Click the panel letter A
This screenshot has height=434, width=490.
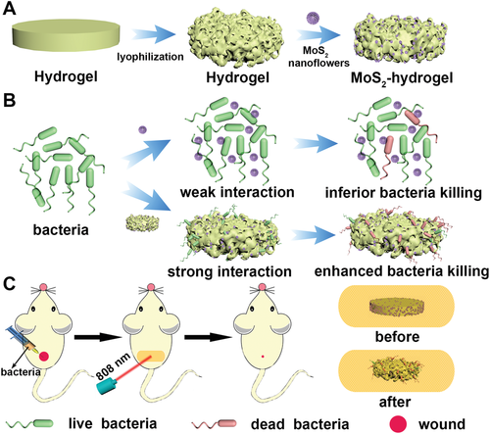(x=9, y=8)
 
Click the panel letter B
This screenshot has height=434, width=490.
(x=9, y=100)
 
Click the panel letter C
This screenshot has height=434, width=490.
(x=9, y=283)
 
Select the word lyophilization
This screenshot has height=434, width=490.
(x=150, y=57)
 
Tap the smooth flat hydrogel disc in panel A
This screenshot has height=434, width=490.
(x=66, y=35)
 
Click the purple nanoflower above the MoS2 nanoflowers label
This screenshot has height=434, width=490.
(x=313, y=18)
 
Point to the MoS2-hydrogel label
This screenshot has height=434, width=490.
(x=402, y=78)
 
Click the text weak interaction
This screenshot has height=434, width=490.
(x=237, y=192)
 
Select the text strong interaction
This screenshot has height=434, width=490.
(x=229, y=271)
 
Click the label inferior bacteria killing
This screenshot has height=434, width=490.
(x=404, y=193)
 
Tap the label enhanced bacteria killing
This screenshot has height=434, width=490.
(x=402, y=271)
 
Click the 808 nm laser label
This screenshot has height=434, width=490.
(x=113, y=366)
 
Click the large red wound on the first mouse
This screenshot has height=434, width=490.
(x=44, y=356)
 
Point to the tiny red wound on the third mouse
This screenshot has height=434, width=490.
(x=263, y=357)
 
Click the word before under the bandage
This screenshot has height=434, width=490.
(x=397, y=337)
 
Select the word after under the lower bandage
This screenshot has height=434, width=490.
(x=395, y=402)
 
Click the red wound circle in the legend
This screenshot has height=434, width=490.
(x=398, y=424)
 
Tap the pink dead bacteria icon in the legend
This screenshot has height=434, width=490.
(x=215, y=424)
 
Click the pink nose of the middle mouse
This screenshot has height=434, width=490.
(x=151, y=287)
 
